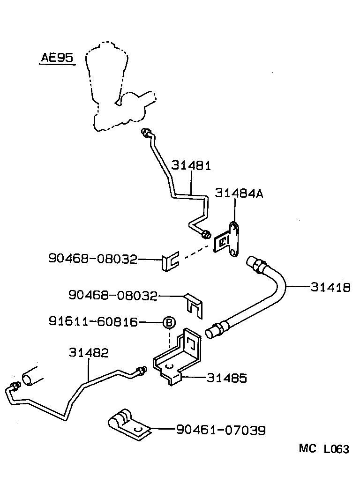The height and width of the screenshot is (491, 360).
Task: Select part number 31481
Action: point(191,166)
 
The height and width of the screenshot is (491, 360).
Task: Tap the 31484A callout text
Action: point(239,193)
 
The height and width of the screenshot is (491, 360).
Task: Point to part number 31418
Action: point(330,287)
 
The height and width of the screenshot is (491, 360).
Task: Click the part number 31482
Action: point(89,353)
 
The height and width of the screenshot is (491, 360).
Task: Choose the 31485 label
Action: point(226,378)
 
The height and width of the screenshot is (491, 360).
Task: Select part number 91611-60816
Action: point(93,322)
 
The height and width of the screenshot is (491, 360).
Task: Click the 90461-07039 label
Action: point(220,430)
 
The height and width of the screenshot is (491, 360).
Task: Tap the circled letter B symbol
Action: point(169,322)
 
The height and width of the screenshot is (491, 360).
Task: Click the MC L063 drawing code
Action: point(324,449)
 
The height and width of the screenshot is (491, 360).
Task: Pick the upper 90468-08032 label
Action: point(92,258)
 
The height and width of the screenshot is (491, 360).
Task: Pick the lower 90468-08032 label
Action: point(112,295)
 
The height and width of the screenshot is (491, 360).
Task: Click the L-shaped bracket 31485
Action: point(181,358)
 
